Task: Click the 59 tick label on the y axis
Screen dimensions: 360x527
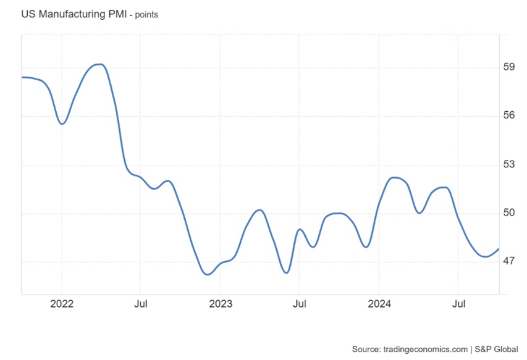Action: point(510,67)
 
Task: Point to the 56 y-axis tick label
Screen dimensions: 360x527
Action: point(510,115)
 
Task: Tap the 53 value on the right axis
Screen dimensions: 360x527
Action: point(510,164)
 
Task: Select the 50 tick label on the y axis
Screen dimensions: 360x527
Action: point(510,213)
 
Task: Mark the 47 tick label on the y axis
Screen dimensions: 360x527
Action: point(510,262)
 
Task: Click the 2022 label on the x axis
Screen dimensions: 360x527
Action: point(62,304)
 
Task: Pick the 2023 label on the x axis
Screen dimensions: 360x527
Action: point(221,304)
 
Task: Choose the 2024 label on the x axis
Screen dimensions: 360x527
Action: point(379,304)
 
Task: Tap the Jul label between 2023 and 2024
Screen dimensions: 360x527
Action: point(299,304)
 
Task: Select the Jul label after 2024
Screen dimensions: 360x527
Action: point(458,304)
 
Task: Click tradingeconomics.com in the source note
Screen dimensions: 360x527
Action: point(425,349)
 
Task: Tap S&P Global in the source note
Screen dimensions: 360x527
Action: point(496,349)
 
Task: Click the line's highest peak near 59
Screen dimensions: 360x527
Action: point(99,64)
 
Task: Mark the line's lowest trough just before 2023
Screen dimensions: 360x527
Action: point(207,274)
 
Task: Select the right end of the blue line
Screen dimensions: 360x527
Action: point(499,249)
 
